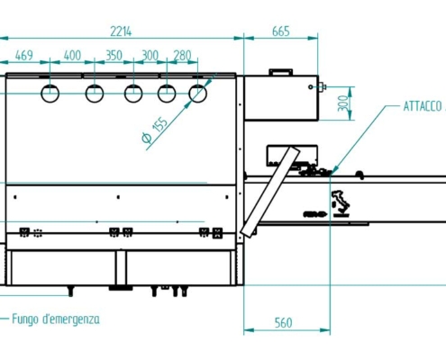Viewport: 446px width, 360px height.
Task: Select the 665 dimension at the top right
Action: point(280,31)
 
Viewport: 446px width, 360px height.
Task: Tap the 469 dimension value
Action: point(24,56)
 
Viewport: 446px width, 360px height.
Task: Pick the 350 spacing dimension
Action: point(114,56)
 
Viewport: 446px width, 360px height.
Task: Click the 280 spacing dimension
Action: point(183,56)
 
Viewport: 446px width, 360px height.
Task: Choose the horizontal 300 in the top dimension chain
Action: point(150,56)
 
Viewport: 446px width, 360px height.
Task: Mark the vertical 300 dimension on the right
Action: point(342,104)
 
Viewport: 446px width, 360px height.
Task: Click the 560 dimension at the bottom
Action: point(282,323)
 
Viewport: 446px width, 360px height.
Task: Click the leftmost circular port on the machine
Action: point(51,93)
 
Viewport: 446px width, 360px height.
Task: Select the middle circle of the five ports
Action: point(133,93)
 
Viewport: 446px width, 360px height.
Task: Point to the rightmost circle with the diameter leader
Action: point(198,93)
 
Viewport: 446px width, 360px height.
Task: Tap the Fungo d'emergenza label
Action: point(56,319)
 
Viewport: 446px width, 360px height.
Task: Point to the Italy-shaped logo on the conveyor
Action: point(341,202)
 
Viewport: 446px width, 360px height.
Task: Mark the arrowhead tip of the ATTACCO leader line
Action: point(332,171)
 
